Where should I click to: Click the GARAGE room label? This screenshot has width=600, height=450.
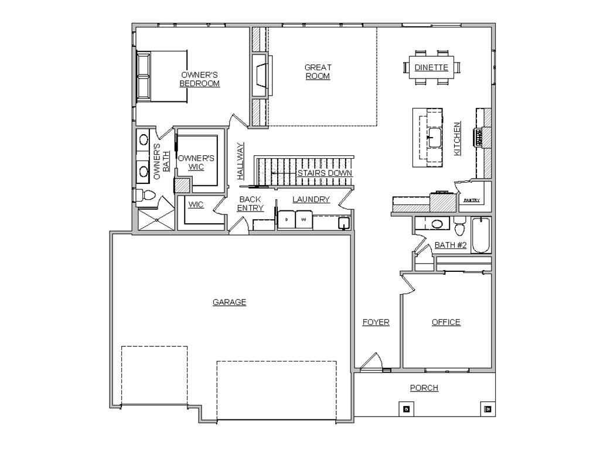229,302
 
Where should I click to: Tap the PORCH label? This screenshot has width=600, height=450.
424,388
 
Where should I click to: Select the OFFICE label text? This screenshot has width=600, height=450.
446,322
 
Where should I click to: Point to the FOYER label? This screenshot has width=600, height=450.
376,322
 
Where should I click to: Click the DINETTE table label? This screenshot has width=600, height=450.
431,68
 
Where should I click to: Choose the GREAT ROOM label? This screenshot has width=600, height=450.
318,71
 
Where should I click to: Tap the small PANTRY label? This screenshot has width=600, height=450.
472,200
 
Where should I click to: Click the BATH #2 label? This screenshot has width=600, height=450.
451,245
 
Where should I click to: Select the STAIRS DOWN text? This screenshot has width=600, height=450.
325,173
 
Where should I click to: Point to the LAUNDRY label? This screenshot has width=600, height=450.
311,199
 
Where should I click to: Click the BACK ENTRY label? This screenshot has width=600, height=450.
250,203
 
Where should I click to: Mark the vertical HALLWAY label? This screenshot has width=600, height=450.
240,161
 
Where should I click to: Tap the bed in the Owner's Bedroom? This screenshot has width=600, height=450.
162,77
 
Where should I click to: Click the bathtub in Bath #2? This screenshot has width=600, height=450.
481,235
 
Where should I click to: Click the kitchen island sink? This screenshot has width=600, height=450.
434,137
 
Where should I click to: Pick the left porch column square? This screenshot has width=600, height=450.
407,408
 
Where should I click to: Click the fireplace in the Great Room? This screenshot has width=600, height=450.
262,76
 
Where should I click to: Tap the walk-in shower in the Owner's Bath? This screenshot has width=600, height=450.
156,220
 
